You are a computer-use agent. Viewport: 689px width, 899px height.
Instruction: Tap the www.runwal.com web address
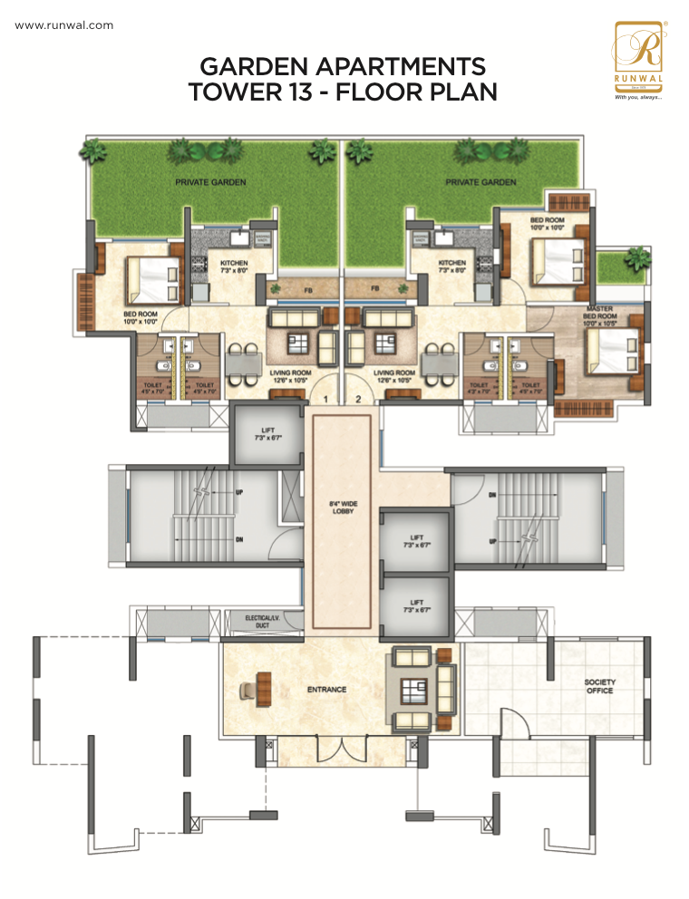64,25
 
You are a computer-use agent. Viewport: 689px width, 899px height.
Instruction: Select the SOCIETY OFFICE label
599,686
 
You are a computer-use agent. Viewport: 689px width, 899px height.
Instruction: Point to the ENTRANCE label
326,690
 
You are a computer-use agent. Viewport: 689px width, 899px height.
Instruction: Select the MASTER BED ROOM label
600,314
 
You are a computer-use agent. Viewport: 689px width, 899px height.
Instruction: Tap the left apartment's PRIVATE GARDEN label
210,182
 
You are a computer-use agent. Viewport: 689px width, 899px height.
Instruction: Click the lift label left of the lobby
267,434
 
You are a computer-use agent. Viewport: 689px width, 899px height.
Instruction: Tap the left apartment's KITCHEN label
234,266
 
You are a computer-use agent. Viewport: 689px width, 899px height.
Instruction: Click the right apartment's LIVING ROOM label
394,375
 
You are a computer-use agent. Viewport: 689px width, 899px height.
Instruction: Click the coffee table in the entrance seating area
416,688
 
